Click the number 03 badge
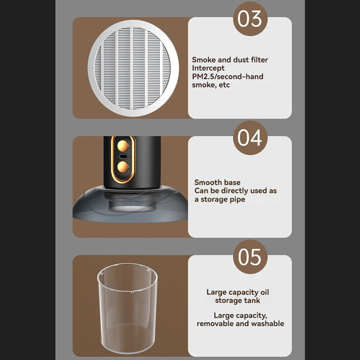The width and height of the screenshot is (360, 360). (250, 19)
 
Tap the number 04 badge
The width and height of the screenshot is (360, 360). (250, 138)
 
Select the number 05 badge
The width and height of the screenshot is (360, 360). (250, 257)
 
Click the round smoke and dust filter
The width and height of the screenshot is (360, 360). (133, 68)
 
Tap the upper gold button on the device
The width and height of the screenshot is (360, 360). (123, 146)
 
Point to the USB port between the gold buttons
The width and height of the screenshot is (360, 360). (123, 157)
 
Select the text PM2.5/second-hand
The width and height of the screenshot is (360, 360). (228, 76)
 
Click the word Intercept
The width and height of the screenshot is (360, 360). (208, 68)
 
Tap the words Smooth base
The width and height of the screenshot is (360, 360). (217, 182)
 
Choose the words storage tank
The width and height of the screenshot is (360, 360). (238, 300)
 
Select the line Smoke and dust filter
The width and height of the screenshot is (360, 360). (230, 60)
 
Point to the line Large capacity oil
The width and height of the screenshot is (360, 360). (238, 292)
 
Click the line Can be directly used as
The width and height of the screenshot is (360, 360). (235, 191)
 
